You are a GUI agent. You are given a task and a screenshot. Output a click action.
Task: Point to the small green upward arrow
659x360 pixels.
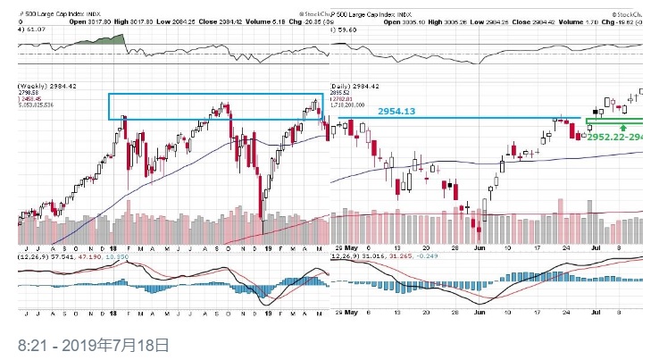(x=624, y=128)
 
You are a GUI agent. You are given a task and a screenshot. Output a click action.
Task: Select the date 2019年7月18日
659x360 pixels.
(x=121, y=344)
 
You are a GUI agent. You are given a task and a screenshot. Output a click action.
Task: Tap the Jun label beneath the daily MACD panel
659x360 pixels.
(x=479, y=313)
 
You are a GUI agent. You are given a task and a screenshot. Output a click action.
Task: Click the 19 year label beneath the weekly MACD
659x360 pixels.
(x=266, y=313)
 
